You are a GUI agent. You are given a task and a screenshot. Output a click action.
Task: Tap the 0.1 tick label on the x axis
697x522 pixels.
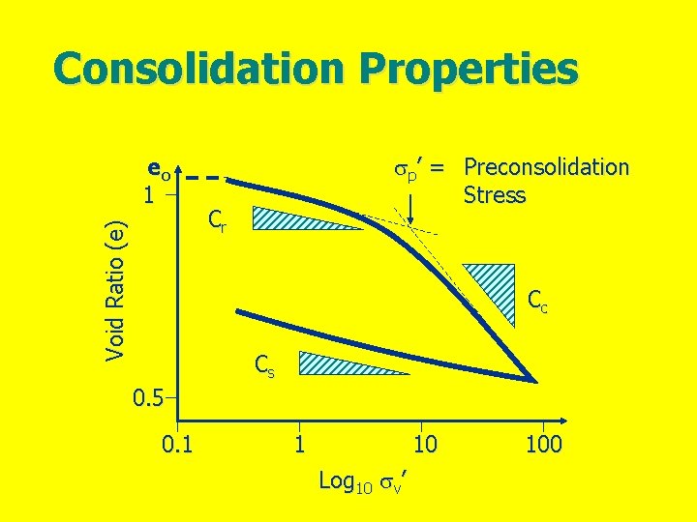176,444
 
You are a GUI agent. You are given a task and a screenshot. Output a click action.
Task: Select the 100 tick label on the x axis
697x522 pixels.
543,444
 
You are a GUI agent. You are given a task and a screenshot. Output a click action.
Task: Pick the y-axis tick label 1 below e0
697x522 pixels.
148,193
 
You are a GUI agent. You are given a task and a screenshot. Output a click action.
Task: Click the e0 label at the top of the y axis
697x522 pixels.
159,170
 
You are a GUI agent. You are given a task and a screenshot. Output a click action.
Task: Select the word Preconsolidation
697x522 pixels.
546,167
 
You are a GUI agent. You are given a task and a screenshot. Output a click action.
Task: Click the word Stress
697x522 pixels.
494,195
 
